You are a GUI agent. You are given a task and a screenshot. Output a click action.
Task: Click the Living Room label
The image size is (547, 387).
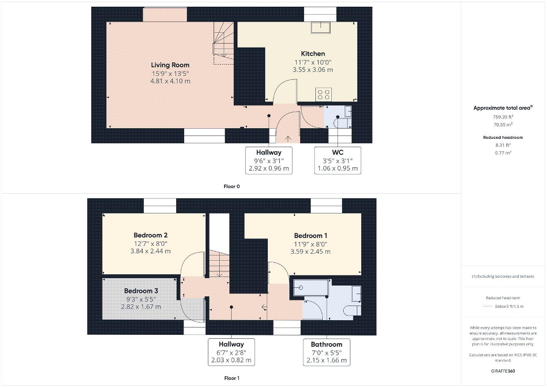[x=170, y=65]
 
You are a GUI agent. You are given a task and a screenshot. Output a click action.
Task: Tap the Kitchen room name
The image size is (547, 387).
[x=313, y=54]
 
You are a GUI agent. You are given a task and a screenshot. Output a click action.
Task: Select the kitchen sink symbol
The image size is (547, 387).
[x=321, y=27]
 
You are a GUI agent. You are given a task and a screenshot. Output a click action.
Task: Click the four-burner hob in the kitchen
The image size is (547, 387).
[x=323, y=95]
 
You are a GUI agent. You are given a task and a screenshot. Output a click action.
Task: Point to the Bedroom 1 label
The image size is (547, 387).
[x=310, y=236]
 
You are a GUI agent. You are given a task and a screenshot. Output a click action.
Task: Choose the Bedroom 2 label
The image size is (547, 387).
[x=151, y=235]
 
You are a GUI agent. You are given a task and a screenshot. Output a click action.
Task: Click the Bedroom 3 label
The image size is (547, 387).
[x=141, y=291]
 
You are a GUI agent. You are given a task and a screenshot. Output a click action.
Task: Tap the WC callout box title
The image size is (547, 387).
[x=337, y=152]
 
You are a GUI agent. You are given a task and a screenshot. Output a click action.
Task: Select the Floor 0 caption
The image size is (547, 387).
[x=232, y=186]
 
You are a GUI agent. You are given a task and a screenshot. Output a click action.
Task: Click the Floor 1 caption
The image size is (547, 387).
[x=232, y=378]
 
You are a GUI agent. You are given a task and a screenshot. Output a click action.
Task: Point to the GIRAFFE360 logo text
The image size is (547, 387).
[x=503, y=371]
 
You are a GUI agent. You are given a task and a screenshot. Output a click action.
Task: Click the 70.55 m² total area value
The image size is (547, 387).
[x=503, y=125]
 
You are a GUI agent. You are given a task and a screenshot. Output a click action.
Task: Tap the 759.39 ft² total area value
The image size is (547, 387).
[x=503, y=117]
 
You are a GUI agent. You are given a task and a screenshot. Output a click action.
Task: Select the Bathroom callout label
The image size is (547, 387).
[x=327, y=345]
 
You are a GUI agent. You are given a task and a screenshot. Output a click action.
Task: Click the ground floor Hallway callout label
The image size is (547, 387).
[x=268, y=152]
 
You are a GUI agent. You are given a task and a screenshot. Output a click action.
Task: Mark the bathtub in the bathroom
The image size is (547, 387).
[x=310, y=287]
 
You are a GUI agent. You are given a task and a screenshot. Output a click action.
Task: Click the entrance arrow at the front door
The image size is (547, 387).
[x=288, y=139]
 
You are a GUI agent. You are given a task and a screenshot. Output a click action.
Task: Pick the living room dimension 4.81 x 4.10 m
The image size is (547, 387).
[x=170, y=81]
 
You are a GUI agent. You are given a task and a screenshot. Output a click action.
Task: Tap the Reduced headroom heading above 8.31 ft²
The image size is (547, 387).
[x=503, y=138]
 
